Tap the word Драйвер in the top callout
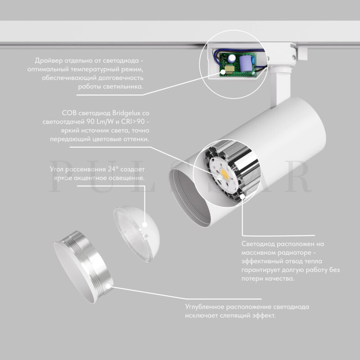(49, 61)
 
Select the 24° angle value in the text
(113, 169)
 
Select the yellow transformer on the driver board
(229, 69)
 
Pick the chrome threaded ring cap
(84, 266)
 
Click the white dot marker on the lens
(144, 225)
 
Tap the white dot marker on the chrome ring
(108, 286)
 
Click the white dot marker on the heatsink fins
(243, 197)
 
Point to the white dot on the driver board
(223, 72)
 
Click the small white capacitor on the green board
(232, 58)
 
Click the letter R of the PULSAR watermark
(298, 176)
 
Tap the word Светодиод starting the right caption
(258, 244)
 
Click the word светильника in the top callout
(123, 87)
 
